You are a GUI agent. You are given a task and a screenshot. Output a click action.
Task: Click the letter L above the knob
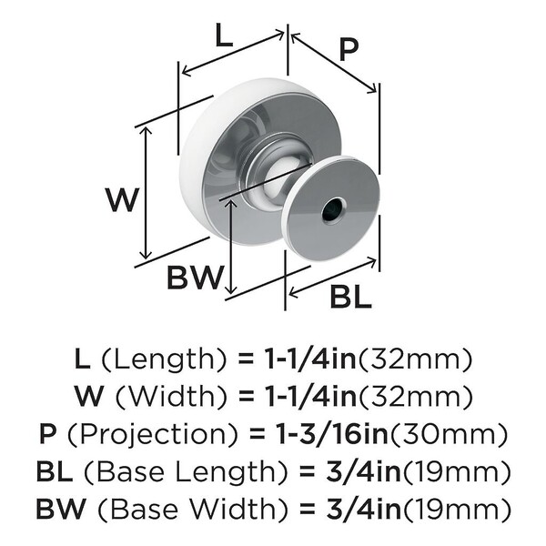pos(224,35)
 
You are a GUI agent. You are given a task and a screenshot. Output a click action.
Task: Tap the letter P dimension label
pos(349,50)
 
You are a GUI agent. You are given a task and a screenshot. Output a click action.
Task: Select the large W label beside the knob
pos(123,199)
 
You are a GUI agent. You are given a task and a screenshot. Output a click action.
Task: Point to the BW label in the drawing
pos(195,278)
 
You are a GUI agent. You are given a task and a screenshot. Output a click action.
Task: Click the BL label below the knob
pos(350,297)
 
